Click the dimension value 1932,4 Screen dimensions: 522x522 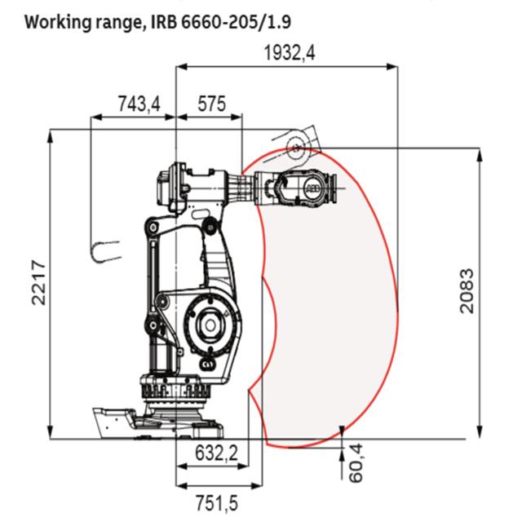(x=290, y=53)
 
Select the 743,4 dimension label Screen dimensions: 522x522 (x=139, y=104)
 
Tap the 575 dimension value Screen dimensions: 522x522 (x=212, y=104)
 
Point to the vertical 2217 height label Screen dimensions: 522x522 (x=38, y=283)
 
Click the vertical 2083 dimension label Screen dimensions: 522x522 (x=466, y=290)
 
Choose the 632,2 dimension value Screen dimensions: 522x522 (x=216, y=453)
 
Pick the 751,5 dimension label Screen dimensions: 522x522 (x=217, y=503)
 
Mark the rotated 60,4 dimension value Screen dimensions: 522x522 (x=356, y=462)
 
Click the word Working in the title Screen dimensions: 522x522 (x=57, y=23)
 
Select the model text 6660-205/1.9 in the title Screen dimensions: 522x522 (x=237, y=22)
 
